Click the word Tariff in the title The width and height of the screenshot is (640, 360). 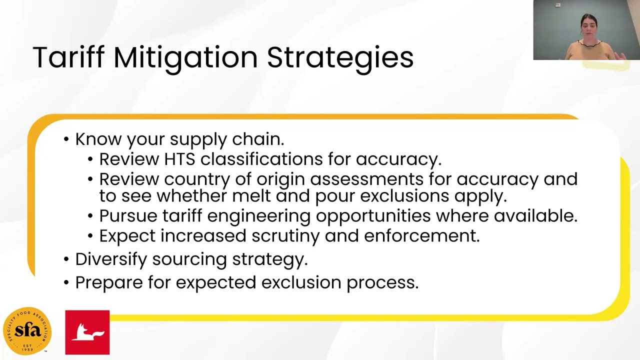coord(68,57)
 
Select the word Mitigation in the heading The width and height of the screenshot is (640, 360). coord(185,58)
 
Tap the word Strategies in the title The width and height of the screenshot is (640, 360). coord(340,58)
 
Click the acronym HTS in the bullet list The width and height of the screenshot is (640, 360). coord(179,159)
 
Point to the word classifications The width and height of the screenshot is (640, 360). coord(261,159)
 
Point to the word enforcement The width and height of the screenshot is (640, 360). coord(421,236)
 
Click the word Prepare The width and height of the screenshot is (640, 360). coord(109,283)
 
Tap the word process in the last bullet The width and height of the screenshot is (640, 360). coord(382,283)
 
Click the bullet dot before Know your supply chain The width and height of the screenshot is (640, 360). coord(66,139)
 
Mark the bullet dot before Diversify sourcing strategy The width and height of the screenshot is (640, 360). coord(66,259)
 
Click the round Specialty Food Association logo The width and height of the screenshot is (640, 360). coord(27,331)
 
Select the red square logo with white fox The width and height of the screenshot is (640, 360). coord(87,332)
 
